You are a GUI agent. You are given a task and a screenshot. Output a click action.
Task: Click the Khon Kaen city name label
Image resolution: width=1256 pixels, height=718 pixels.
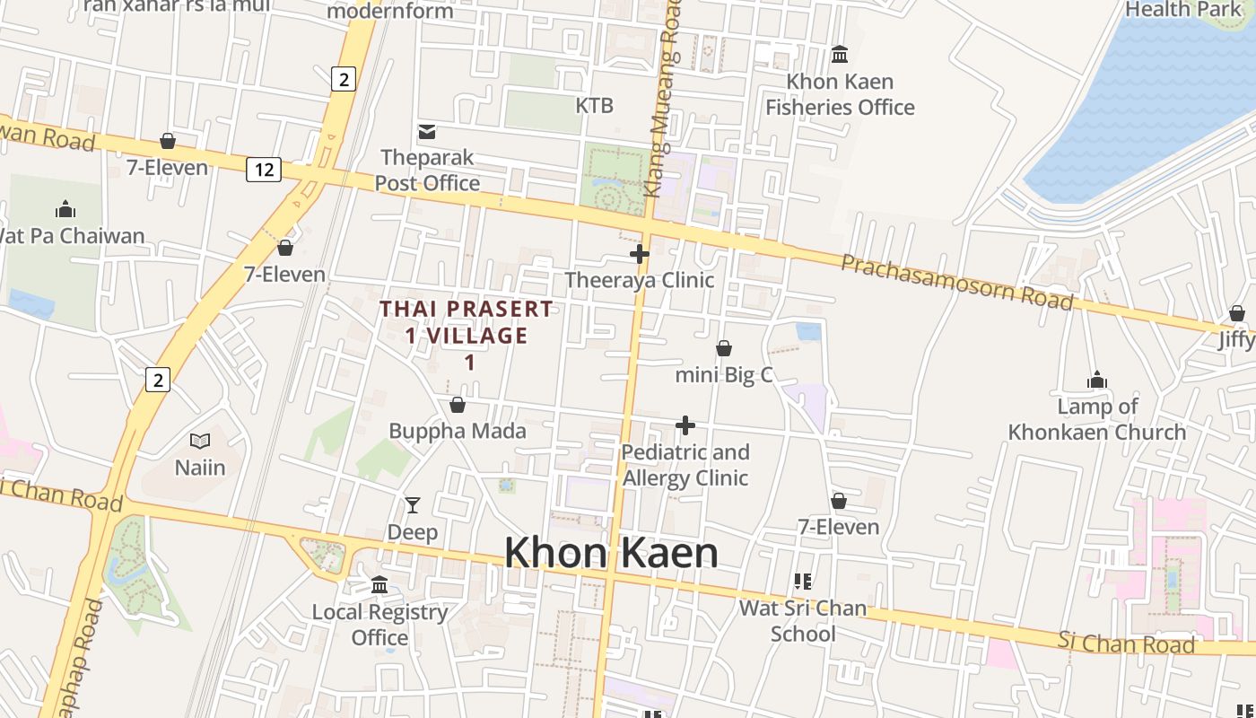point(611,552)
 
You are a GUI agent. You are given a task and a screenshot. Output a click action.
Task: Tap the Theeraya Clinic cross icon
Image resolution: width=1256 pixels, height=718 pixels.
point(639,255)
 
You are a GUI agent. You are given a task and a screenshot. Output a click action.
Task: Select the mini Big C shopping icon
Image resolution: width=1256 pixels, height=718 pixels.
point(724,348)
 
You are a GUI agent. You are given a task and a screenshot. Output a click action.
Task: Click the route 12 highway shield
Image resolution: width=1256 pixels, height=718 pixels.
point(264,169)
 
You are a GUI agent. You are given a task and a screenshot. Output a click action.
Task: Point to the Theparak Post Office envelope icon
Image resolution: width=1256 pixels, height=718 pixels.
point(427,132)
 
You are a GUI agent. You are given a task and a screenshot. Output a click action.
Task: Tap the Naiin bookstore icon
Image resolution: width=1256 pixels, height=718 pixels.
point(200,441)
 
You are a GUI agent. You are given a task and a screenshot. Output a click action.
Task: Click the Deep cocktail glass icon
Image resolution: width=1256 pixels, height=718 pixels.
point(412,505)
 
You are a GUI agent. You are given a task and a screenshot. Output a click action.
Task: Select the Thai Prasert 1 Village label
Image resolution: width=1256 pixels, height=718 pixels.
point(466,335)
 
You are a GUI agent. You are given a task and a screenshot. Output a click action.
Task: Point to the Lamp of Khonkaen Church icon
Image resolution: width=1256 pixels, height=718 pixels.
point(1096,380)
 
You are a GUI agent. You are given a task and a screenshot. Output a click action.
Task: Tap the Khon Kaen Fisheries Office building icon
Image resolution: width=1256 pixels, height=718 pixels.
point(840,55)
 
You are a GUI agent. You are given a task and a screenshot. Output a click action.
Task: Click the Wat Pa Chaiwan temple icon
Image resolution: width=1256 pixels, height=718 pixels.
point(65,210)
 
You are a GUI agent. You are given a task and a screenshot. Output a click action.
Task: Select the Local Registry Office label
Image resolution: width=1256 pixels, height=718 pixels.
point(379,625)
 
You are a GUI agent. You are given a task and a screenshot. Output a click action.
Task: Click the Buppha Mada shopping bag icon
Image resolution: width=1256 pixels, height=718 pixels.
point(458,405)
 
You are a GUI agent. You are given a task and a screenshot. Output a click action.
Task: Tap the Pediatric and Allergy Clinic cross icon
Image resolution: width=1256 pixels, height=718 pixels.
point(685,425)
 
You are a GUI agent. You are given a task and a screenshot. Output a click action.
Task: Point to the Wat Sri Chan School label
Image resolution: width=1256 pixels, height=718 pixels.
point(803,621)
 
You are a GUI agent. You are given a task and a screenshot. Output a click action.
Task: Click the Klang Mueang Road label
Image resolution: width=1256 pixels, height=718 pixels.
point(664,99)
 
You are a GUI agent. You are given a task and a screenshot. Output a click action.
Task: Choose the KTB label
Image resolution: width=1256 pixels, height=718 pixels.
point(594,105)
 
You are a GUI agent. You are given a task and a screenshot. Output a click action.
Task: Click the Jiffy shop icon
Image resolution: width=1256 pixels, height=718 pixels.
point(1237,313)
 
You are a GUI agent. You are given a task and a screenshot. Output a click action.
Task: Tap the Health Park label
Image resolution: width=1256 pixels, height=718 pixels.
point(1183,9)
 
